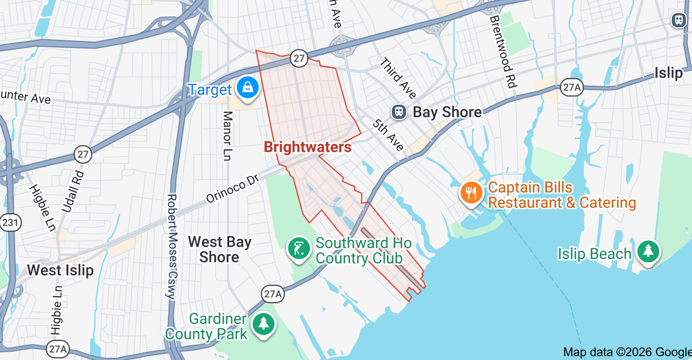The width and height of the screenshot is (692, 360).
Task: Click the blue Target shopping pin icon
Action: pyautogui.click(x=248, y=87)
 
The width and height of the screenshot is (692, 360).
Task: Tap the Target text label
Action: pyautogui.click(x=210, y=90)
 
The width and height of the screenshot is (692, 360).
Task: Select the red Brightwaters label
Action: pyautogui.click(x=307, y=147)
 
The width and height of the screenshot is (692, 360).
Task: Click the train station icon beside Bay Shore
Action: pyautogui.click(x=399, y=112)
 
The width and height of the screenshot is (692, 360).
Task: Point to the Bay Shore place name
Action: pyautogui.click(x=447, y=112)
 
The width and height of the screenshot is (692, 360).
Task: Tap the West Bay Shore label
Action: pyautogui.click(x=219, y=249)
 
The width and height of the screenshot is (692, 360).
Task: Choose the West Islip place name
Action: pyautogui.click(x=60, y=270)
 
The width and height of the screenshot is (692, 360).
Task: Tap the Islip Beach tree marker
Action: pyautogui.click(x=648, y=251)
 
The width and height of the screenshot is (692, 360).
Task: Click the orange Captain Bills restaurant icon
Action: pyautogui.click(x=470, y=193)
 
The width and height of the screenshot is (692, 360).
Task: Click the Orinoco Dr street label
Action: pyautogui.click(x=232, y=189)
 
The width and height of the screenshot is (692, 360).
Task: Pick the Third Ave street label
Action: pyautogui.click(x=398, y=77)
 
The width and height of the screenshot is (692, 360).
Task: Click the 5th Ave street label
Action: pyautogui.click(x=389, y=135)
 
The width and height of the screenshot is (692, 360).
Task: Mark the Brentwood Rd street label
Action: pyautogui.click(x=503, y=52)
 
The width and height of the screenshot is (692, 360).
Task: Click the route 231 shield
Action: pyautogui.click(x=9, y=223)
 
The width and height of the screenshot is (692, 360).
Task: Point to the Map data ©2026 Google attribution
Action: pyautogui.click(x=627, y=352)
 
